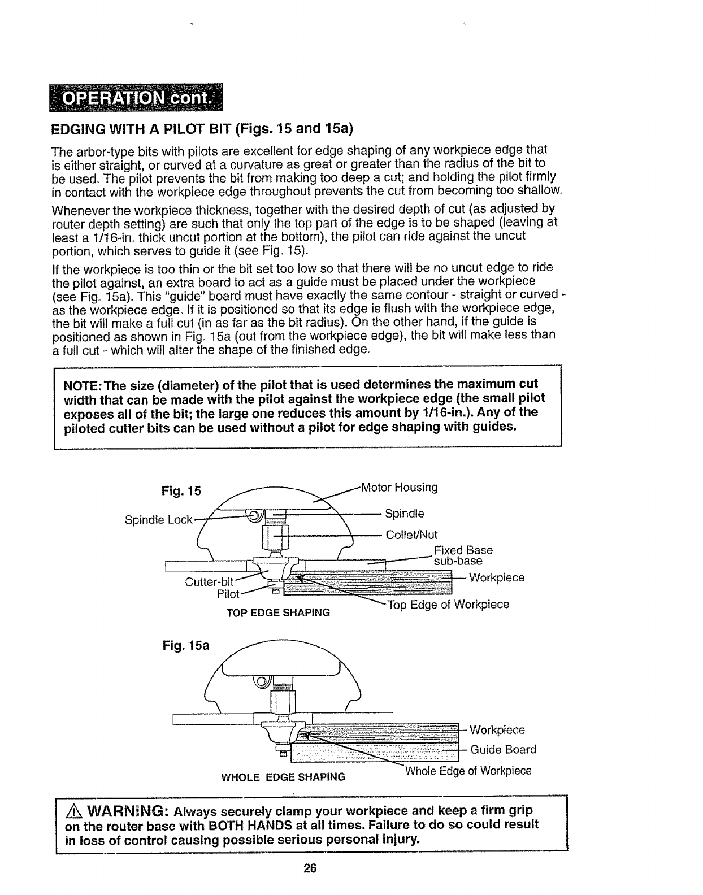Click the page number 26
tap(309, 868)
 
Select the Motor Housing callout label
tap(399, 487)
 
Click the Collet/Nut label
tap(411, 535)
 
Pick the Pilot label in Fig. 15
tap(228, 594)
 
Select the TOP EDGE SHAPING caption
tap(278, 612)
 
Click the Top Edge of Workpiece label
tap(448, 605)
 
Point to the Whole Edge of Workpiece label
tap(468, 771)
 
